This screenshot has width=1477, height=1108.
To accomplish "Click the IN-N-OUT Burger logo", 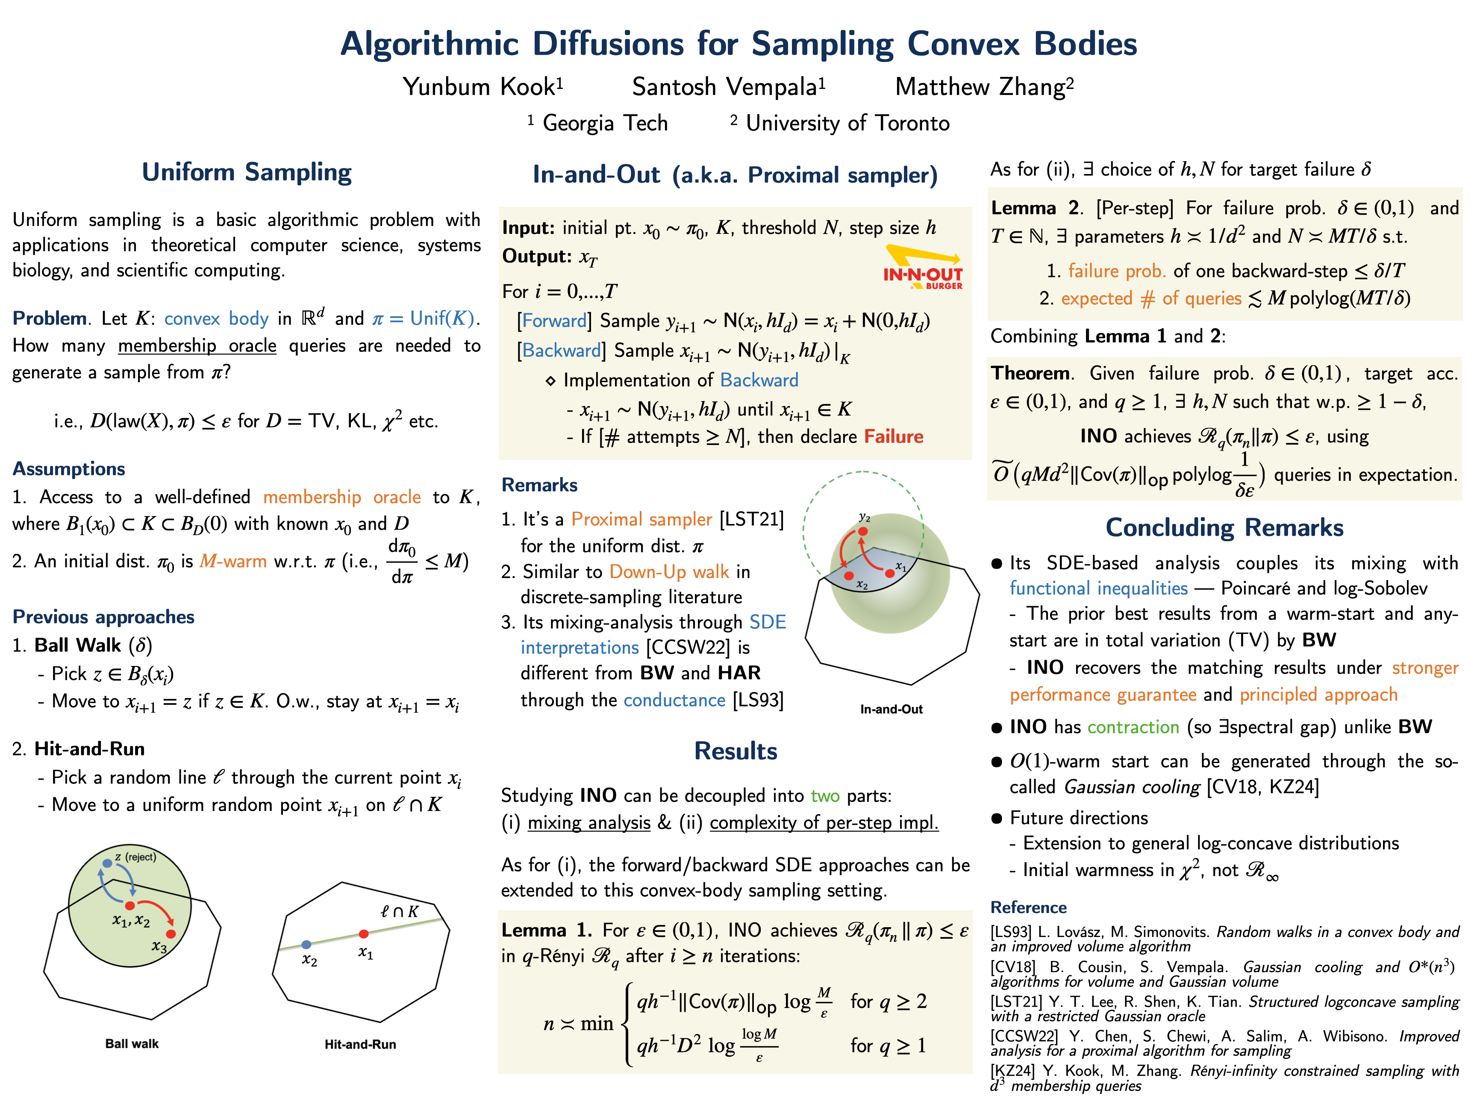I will (924, 268).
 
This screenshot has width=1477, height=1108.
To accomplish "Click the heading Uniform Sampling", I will (247, 172).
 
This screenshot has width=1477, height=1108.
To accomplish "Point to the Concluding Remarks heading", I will (1224, 527).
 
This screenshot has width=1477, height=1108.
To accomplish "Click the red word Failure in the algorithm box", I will (893, 437).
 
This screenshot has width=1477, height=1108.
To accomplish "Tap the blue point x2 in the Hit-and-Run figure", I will (306, 944).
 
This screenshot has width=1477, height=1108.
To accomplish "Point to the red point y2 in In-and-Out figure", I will (863, 531).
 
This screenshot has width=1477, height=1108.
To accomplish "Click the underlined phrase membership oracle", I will (197, 346).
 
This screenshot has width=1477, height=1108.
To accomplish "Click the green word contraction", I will (1133, 727).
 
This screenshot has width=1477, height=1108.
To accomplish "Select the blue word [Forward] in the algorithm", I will (553, 321).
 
